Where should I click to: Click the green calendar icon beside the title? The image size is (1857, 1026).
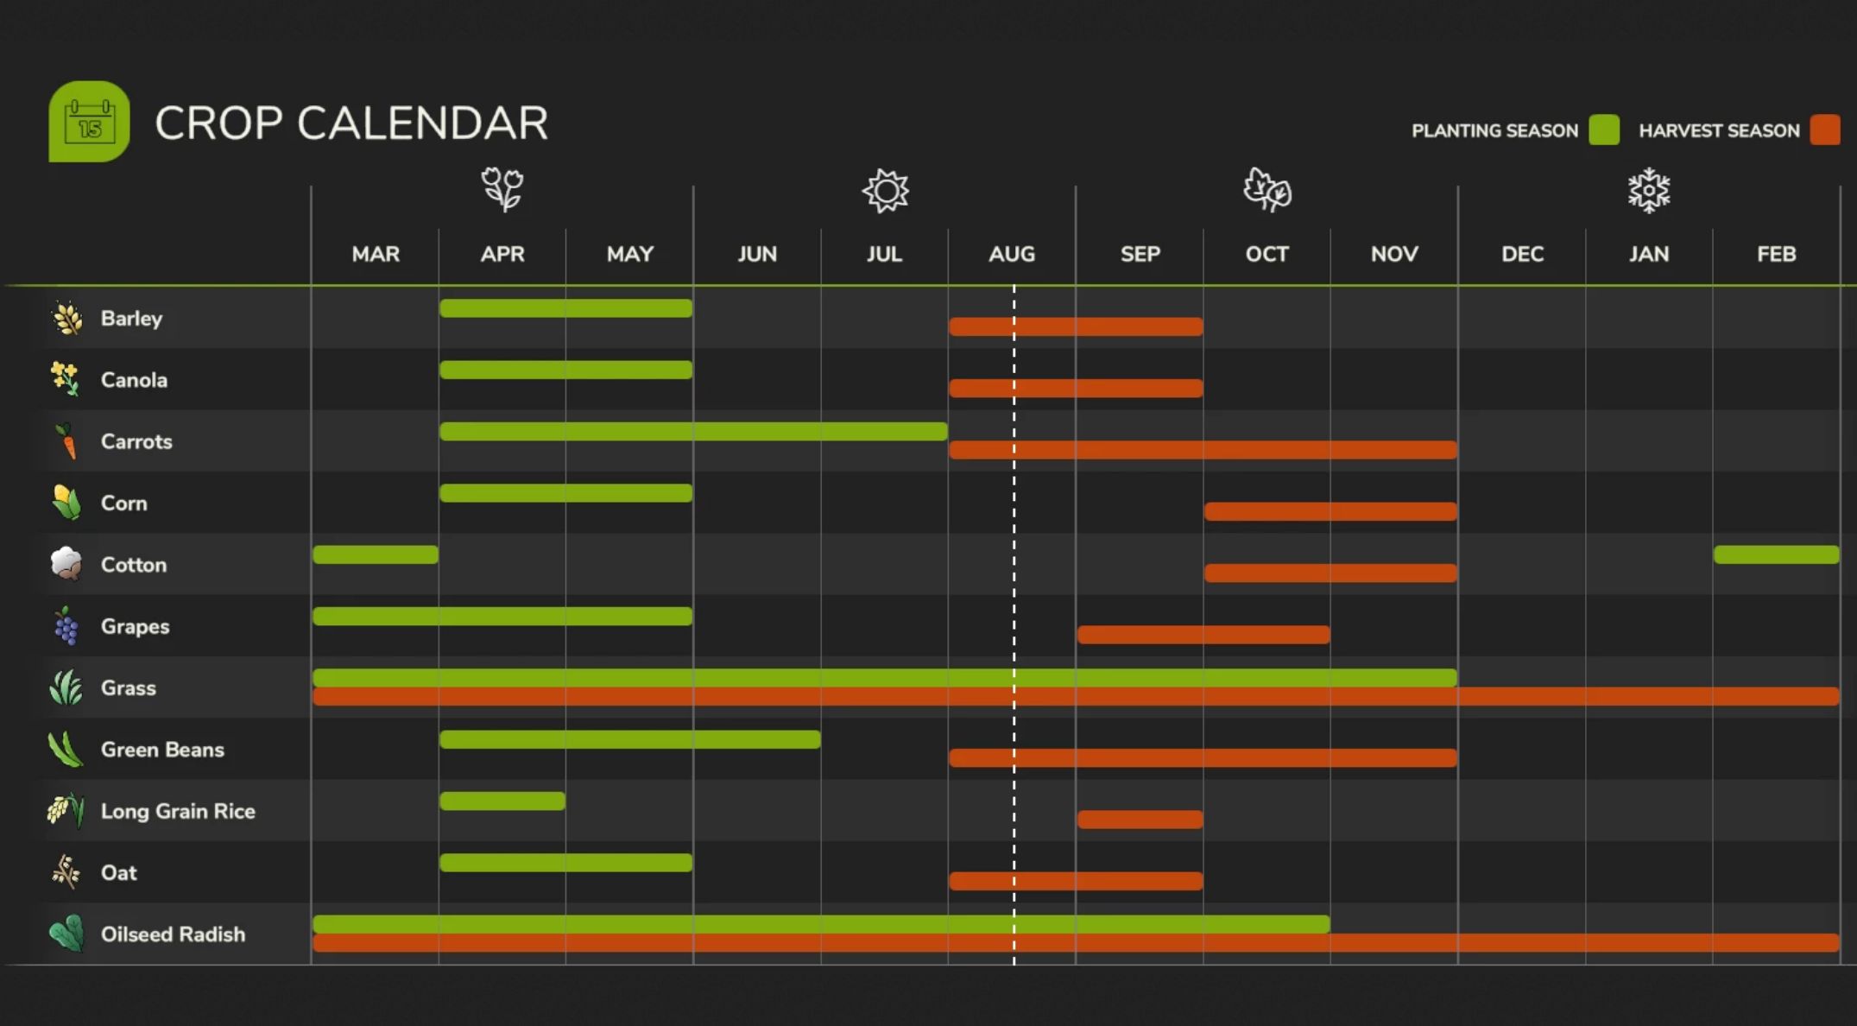coord(89,122)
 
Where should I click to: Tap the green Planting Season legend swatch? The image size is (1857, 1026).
coord(1603,130)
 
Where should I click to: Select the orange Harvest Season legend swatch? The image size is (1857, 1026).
coord(1824,130)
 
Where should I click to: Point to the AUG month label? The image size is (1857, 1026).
coord(1011,254)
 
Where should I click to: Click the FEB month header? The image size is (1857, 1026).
coord(1776,254)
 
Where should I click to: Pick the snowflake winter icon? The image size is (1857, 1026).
coord(1648,190)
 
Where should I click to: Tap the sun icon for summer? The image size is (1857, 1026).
coord(885,190)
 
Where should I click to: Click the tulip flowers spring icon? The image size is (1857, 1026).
coord(502,189)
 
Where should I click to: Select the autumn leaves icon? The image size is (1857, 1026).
coord(1266,190)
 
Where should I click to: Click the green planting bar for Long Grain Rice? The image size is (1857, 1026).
coord(502,801)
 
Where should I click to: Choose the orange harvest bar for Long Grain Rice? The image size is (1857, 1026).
coord(1140,819)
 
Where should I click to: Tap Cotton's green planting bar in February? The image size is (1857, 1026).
coord(1776,554)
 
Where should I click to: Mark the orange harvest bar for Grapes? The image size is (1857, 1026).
coord(1203,635)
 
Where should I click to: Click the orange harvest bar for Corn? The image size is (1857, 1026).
coord(1330,511)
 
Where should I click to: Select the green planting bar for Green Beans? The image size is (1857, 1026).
coord(629,739)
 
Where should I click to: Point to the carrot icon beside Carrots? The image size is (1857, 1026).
coord(66,441)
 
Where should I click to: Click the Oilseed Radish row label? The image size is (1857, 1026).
coord(173,934)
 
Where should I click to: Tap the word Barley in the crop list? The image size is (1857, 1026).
coord(131,319)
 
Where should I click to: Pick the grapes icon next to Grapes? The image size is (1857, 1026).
coord(66,626)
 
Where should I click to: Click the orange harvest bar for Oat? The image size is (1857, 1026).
coord(1076,881)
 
